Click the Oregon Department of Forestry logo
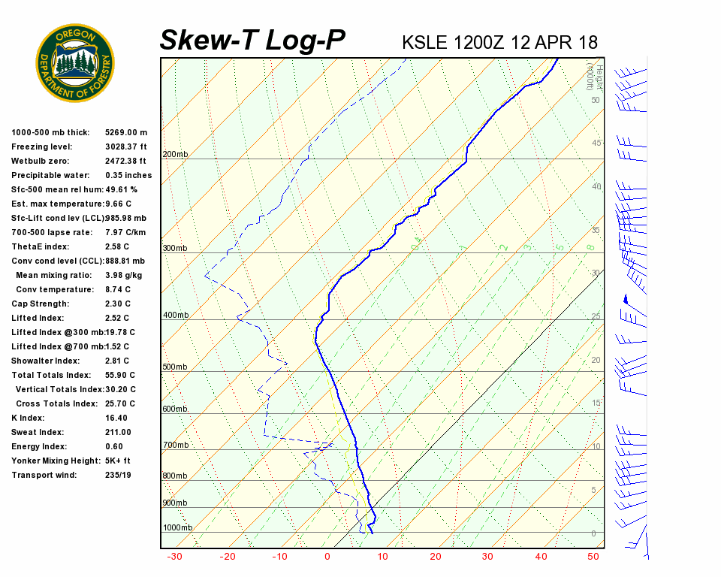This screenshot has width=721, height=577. (75, 63)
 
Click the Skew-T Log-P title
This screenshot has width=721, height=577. (252, 41)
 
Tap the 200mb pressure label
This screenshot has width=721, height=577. (175, 155)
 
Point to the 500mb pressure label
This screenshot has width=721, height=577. (175, 367)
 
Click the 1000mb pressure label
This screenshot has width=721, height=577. (177, 528)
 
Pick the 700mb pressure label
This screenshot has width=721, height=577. (175, 446)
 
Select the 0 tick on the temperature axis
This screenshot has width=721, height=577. (327, 557)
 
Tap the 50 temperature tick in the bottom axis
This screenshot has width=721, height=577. (593, 557)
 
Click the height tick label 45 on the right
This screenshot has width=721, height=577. (596, 143)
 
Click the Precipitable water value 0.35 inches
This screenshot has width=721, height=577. (128, 175)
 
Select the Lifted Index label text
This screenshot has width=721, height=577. (40, 318)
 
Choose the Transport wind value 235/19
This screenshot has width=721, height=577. (119, 475)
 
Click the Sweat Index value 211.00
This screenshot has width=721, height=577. (118, 432)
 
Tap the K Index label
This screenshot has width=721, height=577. (28, 418)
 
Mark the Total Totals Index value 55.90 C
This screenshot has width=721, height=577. (120, 375)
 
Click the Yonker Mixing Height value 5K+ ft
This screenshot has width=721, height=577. (118, 461)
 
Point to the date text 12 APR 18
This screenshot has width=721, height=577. (554, 42)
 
